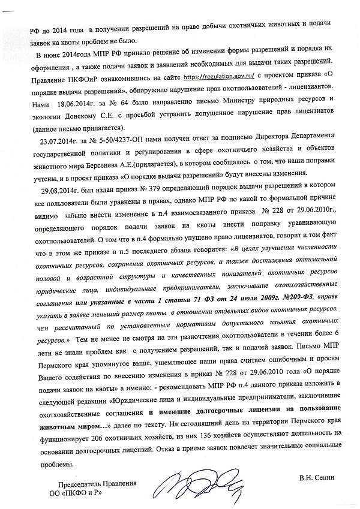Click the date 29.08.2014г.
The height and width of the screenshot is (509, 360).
[55, 188]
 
